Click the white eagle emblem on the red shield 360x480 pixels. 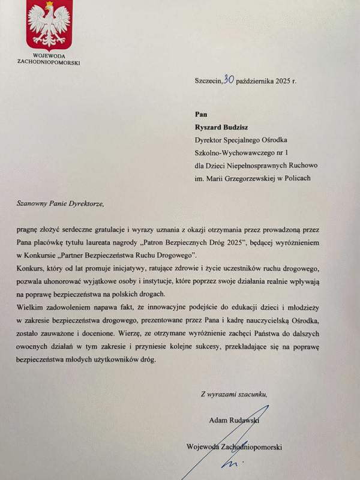point(49,24)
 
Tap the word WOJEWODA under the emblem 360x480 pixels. point(49,56)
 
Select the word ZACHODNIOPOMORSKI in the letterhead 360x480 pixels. point(49,62)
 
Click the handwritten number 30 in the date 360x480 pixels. point(229,79)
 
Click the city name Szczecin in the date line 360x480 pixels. point(208,80)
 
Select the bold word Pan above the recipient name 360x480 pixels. point(201,113)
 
